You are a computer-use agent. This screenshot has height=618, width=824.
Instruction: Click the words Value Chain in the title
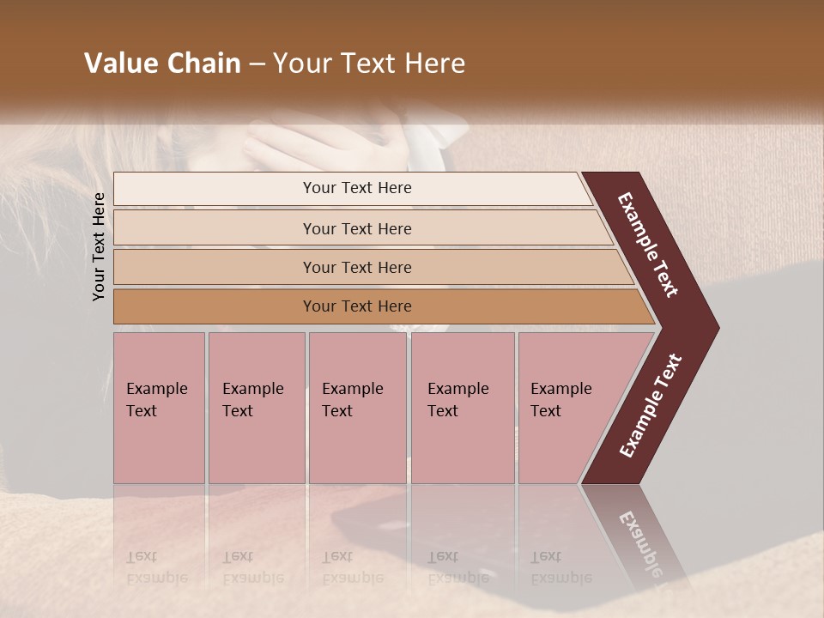[x=162, y=64]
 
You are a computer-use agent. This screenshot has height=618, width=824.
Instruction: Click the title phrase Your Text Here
[x=369, y=64]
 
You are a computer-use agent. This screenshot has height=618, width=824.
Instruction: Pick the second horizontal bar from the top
[x=357, y=228]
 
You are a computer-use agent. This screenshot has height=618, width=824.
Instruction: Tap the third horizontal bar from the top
[x=357, y=267]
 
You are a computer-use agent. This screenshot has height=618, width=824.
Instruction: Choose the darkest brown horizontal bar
[x=357, y=306]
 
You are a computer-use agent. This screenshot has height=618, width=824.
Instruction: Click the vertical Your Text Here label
[x=100, y=246]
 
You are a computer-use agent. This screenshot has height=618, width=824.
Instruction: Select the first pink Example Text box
[x=159, y=408]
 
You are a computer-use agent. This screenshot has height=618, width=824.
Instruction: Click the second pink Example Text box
[x=256, y=408]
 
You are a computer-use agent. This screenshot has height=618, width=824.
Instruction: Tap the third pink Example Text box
[x=357, y=408]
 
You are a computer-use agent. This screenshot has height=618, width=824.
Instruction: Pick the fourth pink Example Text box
[x=462, y=408]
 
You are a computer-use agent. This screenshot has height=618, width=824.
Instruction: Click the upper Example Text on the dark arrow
[x=648, y=245]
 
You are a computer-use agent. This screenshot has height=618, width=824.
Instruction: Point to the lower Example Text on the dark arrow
[x=651, y=406]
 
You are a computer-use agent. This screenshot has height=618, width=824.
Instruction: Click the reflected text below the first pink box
[x=155, y=566]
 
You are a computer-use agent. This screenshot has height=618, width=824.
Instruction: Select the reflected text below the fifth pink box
[x=560, y=566]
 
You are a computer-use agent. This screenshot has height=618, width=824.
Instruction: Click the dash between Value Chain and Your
[x=257, y=64]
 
